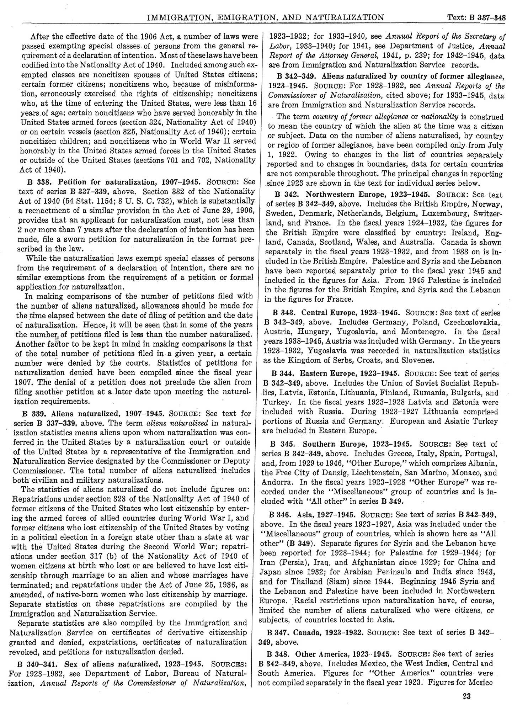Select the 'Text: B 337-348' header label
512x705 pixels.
(477, 17)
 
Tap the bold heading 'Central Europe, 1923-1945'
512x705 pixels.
(351, 312)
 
